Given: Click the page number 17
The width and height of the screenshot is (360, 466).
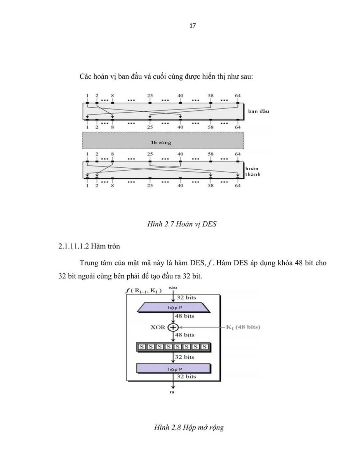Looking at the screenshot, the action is coord(192,26).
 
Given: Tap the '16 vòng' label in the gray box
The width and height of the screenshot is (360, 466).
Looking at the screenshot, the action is coord(161,143).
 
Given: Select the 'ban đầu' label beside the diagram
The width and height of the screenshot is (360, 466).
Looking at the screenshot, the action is coord(258,111).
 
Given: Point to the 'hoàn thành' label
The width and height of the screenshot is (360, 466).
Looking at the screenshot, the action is coord(252,171).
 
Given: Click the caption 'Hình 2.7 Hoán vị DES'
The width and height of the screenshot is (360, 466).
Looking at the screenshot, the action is coord(182,224).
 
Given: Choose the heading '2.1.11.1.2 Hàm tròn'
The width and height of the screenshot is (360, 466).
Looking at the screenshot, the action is coord(89,246).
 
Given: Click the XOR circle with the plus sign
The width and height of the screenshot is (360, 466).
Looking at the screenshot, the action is coord(173,327).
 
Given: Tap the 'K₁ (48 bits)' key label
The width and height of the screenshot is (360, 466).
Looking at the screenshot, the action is coord(243,327).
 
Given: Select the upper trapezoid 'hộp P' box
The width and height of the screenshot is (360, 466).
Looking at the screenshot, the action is coord(174,308).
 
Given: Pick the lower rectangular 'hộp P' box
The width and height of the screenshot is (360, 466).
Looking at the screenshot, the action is coord(174,369).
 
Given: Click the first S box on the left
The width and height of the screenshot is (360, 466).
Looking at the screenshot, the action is coord(141,347).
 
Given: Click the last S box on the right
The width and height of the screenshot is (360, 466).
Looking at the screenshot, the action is coord(205,347).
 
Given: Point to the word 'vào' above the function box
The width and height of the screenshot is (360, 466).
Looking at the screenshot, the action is coord(173,288).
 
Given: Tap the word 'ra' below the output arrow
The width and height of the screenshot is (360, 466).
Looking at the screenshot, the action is coord(172,392).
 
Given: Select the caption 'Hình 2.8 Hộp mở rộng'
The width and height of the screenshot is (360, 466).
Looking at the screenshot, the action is coord(189,427).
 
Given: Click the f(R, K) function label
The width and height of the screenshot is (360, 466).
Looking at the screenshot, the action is coord(143,291).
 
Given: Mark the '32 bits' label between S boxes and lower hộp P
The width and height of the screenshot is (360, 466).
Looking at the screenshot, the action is coord(184,357).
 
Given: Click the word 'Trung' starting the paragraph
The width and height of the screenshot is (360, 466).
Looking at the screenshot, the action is coord(89,263).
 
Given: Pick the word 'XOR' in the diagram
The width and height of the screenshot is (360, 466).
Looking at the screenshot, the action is coord(158,327).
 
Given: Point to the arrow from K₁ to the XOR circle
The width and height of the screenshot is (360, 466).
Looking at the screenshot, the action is coord(202,327).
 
